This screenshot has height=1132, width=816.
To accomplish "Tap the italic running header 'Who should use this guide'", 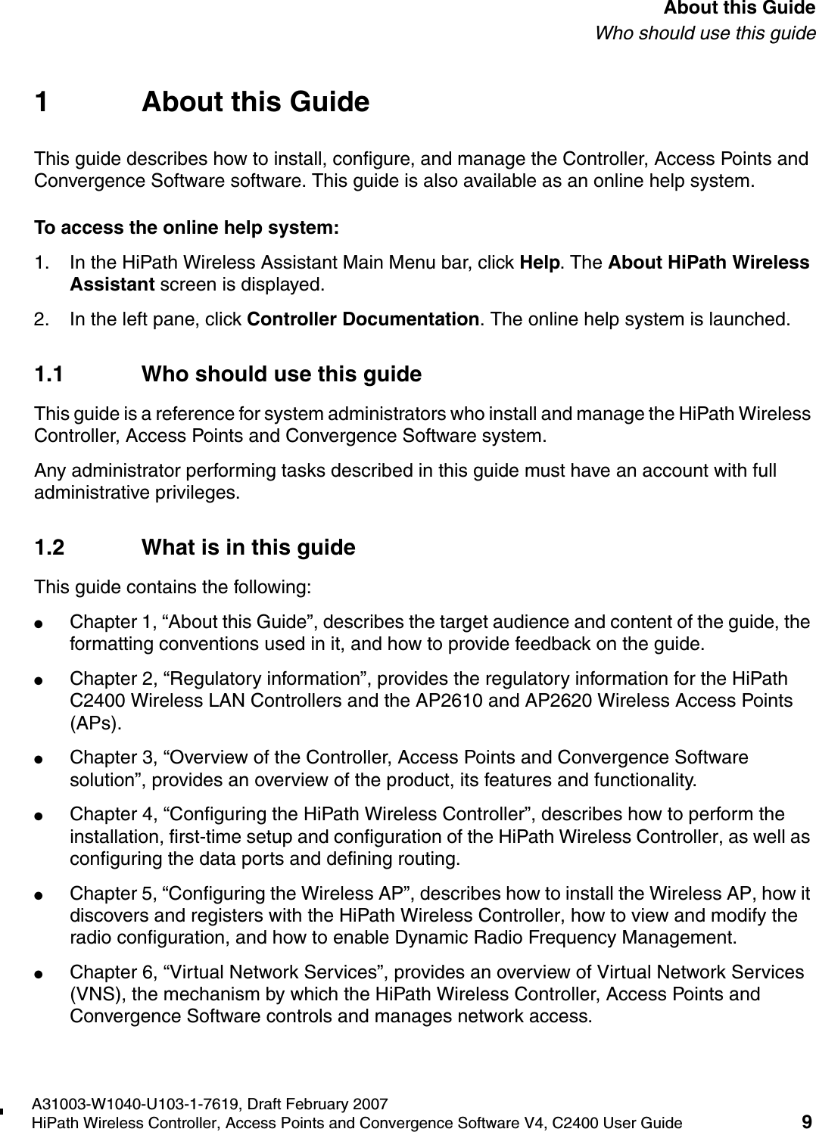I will [705, 33].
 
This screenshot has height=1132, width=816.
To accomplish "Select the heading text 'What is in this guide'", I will [248, 548].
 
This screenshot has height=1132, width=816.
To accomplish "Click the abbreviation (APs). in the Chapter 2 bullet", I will [95, 723].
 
